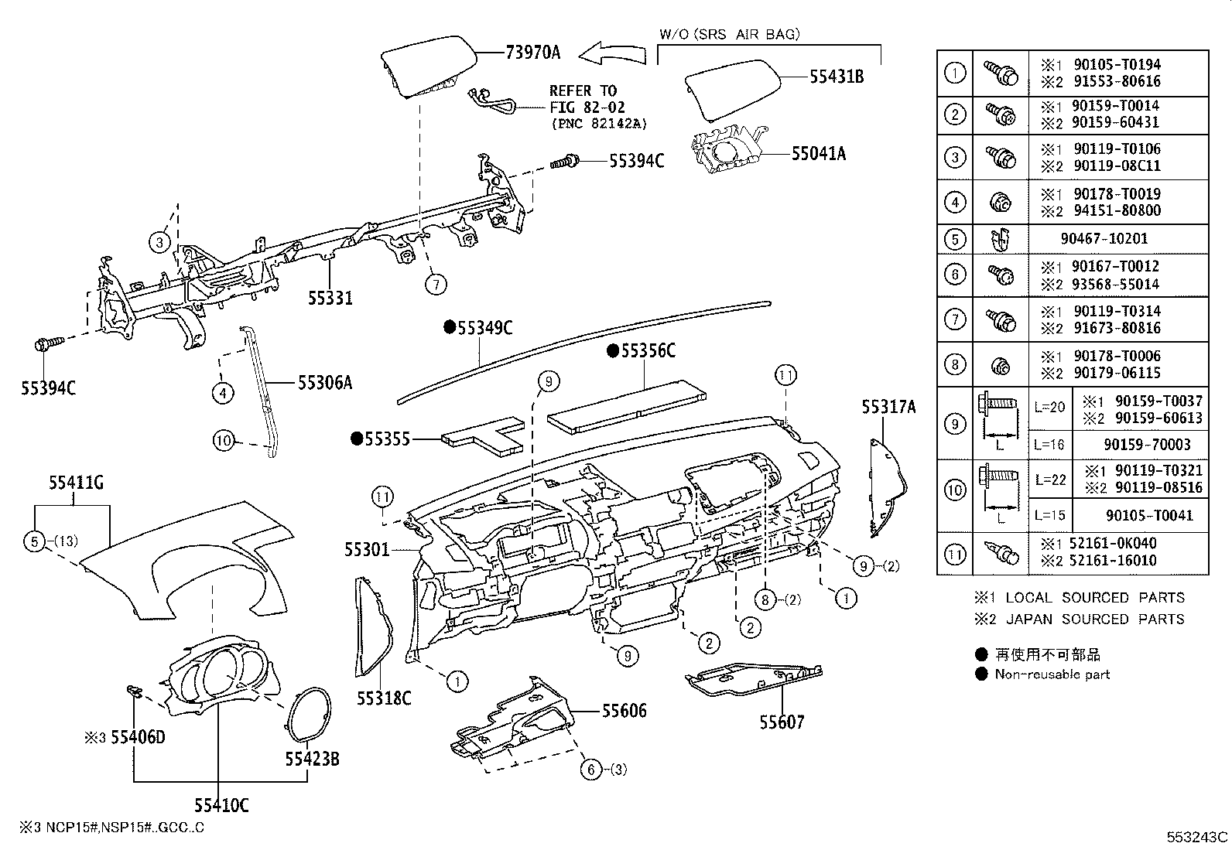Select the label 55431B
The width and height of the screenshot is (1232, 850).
(837, 77)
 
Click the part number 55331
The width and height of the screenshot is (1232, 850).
(330, 297)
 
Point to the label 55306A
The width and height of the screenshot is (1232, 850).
(325, 382)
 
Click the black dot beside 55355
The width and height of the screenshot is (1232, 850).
(357, 439)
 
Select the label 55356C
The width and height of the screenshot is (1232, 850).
(649, 352)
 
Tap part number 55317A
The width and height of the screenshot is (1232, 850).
(888, 407)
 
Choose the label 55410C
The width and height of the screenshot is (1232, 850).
(221, 805)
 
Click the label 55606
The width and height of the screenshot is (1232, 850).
(624, 710)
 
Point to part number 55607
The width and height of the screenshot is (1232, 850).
(781, 722)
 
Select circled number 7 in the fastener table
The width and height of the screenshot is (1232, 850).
(955, 319)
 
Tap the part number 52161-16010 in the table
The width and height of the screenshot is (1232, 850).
(1114, 561)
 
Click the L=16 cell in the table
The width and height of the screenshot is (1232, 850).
(1049, 445)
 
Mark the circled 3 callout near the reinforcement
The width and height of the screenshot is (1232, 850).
(159, 242)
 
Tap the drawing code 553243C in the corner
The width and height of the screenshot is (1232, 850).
(1197, 837)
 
